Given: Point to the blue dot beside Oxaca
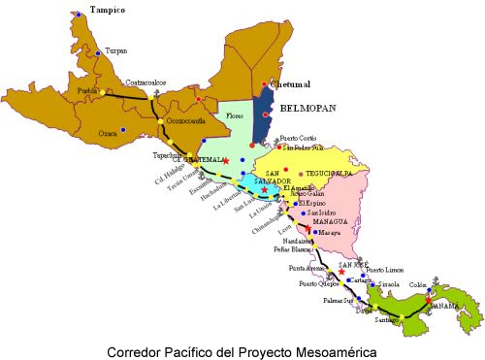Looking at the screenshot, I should coord(122,129).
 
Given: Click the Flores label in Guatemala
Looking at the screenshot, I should coord(234,116).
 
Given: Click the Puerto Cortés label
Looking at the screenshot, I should coord(302,138).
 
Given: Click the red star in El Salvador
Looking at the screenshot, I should coord(265,189).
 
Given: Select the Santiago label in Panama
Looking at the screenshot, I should coord(388,318).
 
